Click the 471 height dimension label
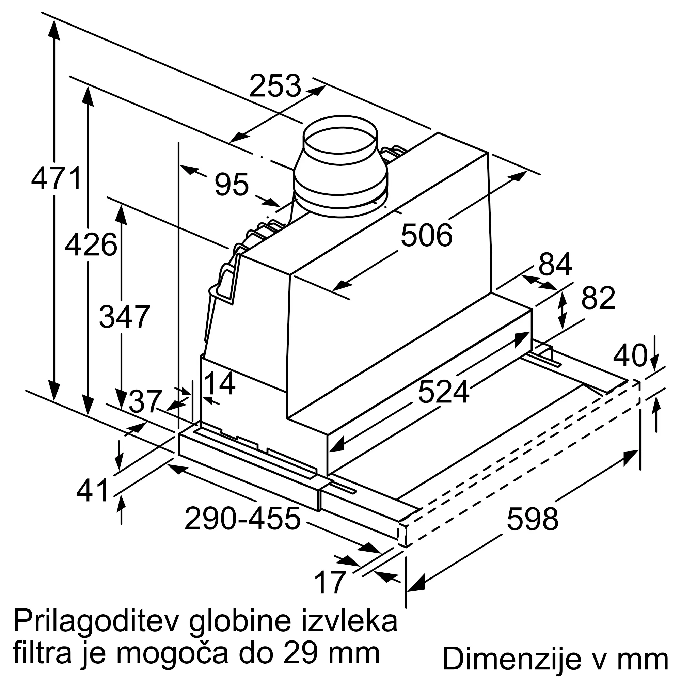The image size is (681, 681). point(57,179)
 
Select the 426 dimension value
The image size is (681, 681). point(91,245)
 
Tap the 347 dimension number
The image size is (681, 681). point(125,317)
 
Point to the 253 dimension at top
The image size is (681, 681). point(275,86)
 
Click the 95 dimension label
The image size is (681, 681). point(232,184)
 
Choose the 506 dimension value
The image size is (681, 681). point(427,236)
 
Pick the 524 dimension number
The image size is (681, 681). point(443,392)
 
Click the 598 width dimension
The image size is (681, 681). point(532,519)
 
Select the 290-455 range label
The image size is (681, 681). point(242,519)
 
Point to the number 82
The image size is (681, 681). point(598,298)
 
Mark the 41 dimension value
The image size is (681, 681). point(92,491)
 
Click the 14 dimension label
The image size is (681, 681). point(220,384)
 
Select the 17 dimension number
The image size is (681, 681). point(329,583)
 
